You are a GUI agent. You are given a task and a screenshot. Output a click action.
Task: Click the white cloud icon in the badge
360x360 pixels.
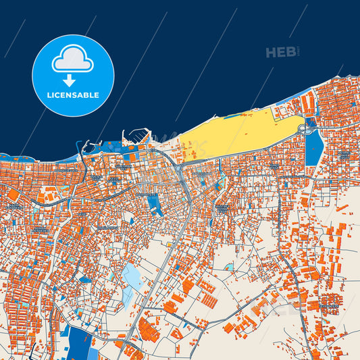pos(73,60)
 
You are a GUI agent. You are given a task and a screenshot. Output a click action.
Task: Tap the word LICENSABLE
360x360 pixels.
pos(73,95)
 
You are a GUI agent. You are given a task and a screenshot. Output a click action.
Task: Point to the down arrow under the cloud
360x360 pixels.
pos(73,80)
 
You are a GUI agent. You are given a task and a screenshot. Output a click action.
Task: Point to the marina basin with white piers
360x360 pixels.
pos(135,139)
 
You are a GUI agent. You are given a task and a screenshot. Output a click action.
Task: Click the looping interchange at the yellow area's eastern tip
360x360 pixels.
pos(303,127)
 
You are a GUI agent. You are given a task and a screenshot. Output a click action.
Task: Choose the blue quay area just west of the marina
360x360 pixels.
pos(108,144)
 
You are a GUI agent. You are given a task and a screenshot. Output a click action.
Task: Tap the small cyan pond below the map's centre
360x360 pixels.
pos(229,267)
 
